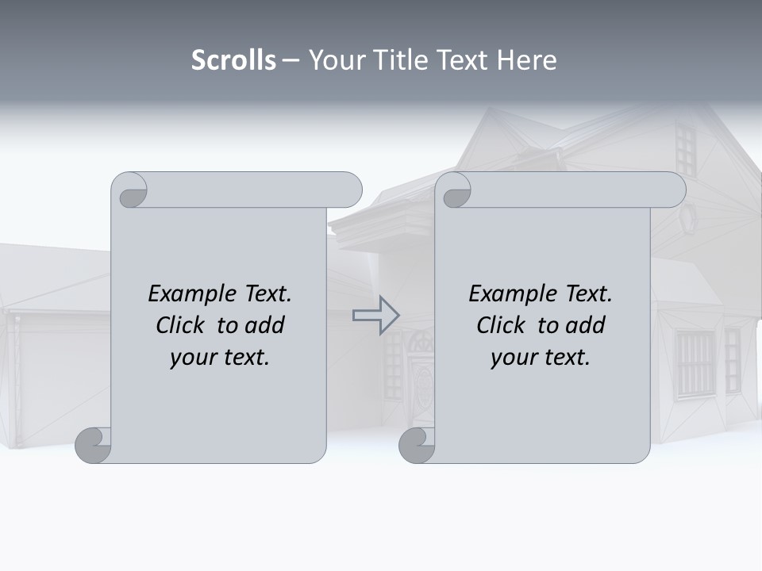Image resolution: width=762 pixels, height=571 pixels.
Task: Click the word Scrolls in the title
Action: (233, 60)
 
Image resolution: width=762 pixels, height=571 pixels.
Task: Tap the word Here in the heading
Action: (526, 60)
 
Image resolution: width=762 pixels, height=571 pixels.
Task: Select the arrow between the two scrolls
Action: (375, 316)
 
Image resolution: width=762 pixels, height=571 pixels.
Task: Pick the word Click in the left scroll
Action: (182, 325)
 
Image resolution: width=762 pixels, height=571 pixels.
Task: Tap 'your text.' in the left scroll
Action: (220, 357)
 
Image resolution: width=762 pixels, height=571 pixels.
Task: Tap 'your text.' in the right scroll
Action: (541, 357)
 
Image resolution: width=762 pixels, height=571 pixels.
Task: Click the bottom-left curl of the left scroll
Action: (93, 445)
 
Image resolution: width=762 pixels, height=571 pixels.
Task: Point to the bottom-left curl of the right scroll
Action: (417, 445)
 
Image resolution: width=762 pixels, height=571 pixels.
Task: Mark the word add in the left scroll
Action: (266, 325)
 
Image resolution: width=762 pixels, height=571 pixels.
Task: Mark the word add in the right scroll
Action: (587, 325)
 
